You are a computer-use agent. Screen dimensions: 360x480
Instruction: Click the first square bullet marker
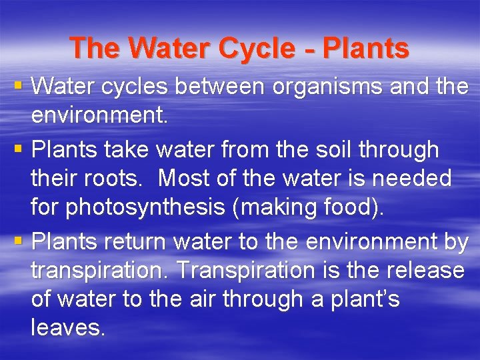[18, 85]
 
